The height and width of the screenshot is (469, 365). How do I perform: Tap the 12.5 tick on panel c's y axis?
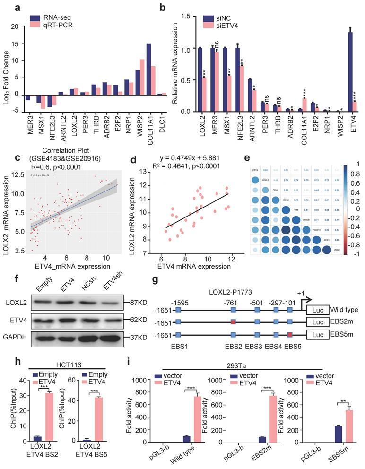[18, 175]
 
